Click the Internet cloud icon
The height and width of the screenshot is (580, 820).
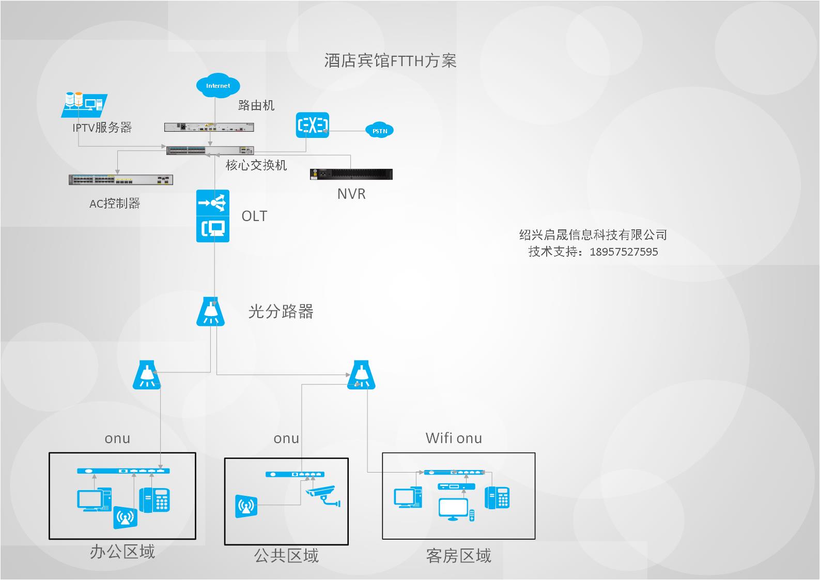218,85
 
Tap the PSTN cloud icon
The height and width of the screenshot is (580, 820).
379,131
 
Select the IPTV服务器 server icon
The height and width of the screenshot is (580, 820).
84,104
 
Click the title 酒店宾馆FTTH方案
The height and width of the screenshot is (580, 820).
390,61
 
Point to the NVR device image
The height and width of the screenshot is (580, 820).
351,174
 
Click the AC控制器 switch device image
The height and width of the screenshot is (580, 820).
121,180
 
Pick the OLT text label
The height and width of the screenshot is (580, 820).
254,216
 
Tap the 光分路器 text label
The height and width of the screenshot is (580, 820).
281,311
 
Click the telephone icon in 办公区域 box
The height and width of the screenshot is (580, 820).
154,500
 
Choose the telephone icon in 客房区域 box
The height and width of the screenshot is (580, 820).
497,497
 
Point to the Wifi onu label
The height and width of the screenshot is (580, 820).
454,438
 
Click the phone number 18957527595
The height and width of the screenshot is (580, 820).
624,252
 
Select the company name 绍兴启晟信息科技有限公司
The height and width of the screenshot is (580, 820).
593,235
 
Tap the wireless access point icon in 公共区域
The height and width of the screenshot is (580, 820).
246,506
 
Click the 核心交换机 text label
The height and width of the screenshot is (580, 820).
256,165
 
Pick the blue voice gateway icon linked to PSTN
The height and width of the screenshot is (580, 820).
312,125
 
